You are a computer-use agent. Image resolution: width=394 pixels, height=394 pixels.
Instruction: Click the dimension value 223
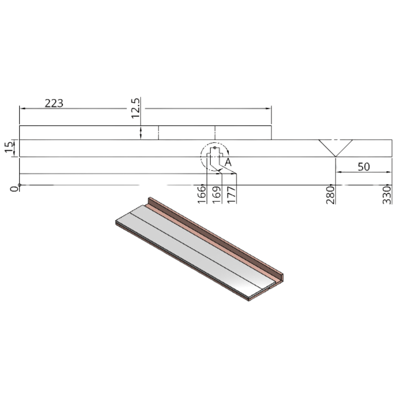(54, 103)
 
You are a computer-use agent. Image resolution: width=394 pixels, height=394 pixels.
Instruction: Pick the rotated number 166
(201, 194)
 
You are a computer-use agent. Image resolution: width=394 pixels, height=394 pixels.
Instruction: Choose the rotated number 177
(231, 194)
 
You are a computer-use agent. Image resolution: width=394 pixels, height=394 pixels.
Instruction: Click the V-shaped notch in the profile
(335, 147)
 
